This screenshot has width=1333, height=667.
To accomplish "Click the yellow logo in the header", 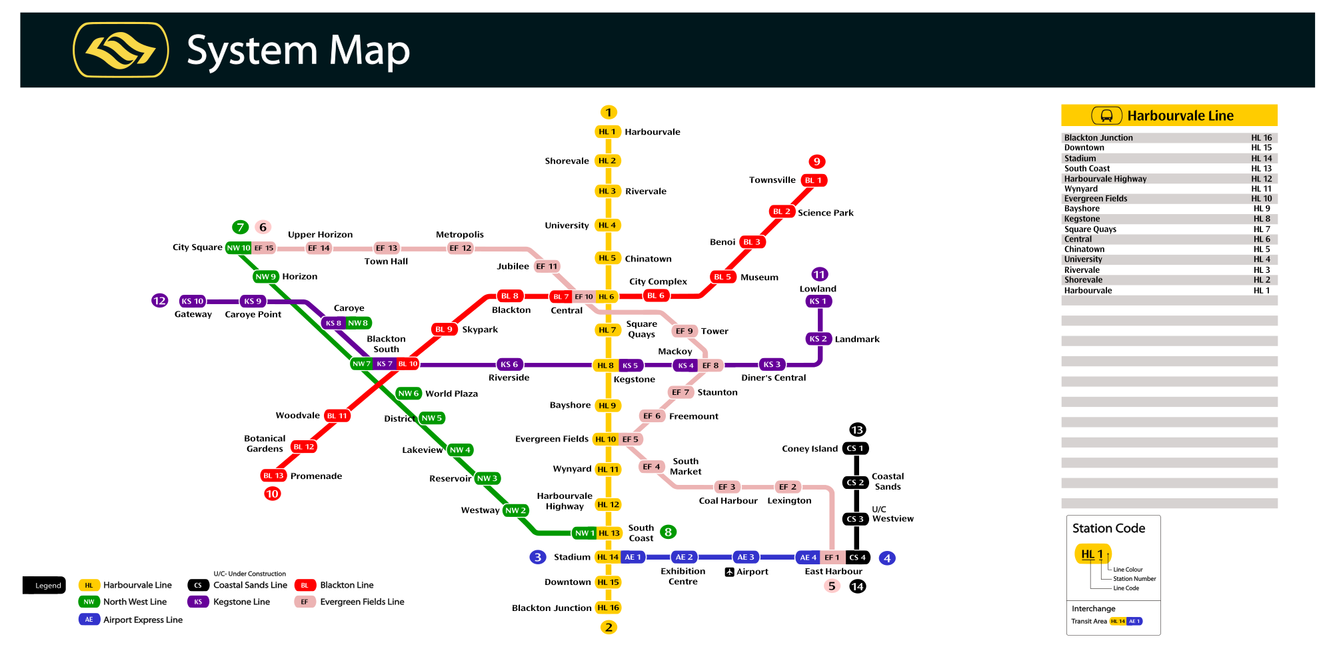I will click(121, 50).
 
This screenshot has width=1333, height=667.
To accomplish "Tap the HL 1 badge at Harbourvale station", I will click(607, 132).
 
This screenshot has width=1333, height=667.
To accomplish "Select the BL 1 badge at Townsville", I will click(814, 180).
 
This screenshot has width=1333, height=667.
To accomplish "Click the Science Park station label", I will click(825, 213).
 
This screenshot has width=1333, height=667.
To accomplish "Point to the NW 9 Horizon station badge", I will click(265, 277).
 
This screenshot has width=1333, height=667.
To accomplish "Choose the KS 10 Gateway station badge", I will click(193, 301).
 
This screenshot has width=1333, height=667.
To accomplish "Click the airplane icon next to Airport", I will click(729, 572).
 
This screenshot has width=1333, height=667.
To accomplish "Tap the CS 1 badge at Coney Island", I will click(856, 449).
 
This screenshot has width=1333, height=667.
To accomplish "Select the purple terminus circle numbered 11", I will click(819, 274).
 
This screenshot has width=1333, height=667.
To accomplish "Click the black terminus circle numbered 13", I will click(857, 430).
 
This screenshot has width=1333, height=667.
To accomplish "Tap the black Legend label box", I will click(44, 585).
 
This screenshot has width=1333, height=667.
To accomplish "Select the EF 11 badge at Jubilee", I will click(547, 267).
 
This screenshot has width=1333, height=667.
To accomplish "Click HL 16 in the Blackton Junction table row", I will click(1261, 138).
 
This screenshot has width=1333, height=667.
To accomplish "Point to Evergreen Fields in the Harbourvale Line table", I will click(1096, 199).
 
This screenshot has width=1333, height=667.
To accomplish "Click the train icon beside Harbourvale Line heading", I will click(1106, 116).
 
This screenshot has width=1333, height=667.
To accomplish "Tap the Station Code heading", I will click(1108, 528).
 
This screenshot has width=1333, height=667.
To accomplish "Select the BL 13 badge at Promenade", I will click(273, 476).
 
